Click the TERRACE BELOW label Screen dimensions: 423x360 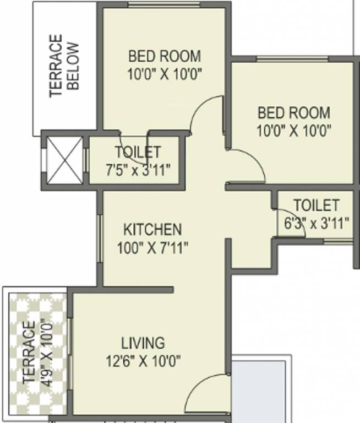click(65, 66)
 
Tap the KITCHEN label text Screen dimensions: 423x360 click(152, 229)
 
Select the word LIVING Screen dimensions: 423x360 click(143, 343)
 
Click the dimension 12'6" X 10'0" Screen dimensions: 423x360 click(143, 361)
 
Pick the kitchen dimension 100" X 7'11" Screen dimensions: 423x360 click(152, 248)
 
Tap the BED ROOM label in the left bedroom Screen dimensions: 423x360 click(165, 56)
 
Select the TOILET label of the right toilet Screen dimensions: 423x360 click(317, 205)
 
